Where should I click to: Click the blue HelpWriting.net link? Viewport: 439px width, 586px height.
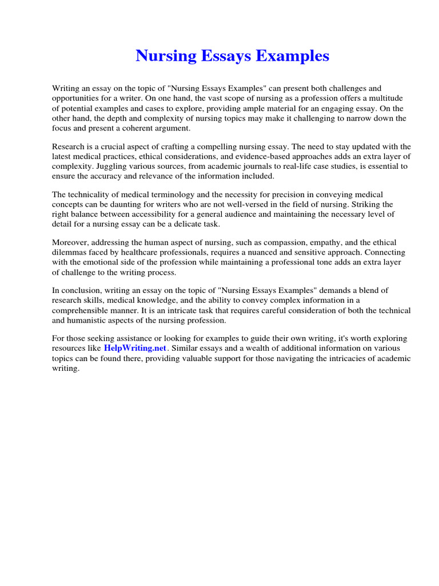click(135, 348)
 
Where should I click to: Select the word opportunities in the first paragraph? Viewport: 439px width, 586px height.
click(75, 98)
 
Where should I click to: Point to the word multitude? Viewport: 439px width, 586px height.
click(386, 98)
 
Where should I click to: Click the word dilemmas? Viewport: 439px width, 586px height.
click(70, 252)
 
